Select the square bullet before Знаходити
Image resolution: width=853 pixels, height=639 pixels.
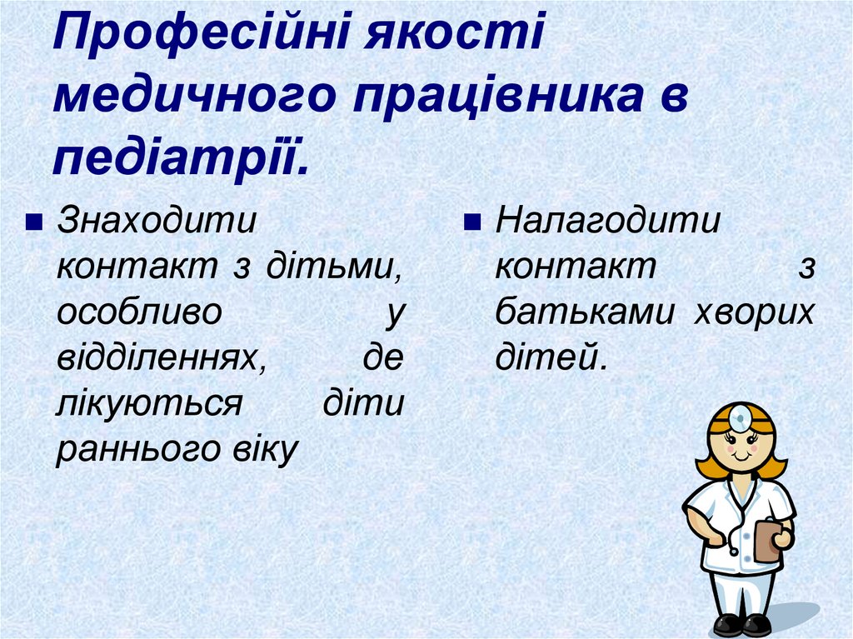click(34, 224)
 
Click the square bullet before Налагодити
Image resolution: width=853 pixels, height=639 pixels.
click(471, 224)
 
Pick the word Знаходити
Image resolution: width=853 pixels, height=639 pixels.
click(156, 222)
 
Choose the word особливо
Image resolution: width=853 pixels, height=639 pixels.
click(139, 313)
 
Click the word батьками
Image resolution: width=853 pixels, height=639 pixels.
click(586, 313)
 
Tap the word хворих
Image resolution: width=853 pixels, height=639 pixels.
click(754, 313)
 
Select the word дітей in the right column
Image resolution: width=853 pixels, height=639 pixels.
click(546, 358)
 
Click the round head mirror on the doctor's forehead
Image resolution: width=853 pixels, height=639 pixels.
click(740, 415)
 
